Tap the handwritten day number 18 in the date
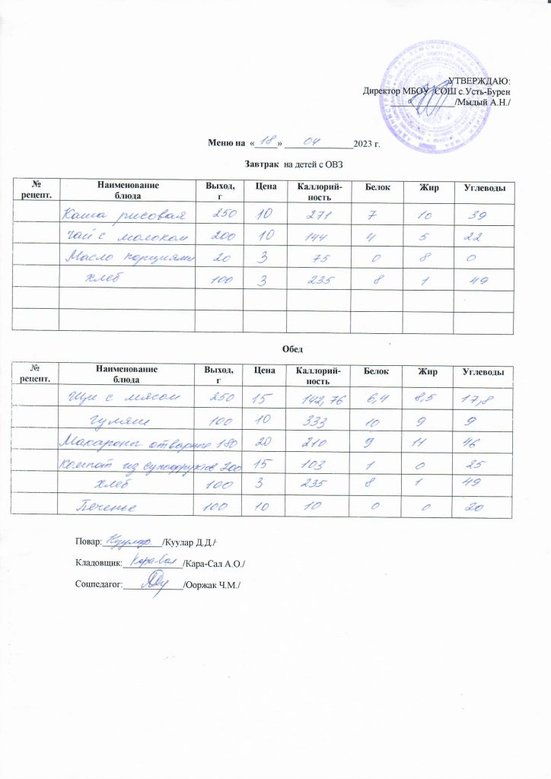tap(266, 141)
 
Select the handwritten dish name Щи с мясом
tap(126, 396)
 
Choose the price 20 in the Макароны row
tap(263, 443)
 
